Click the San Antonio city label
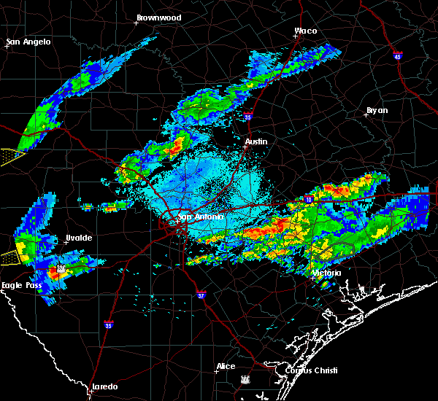coord(199,217)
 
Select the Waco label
coord(305,31)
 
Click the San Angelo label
coord(28,42)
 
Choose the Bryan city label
coord(377,110)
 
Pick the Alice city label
coord(226,366)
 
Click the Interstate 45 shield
coord(397,56)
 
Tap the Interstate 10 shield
coord(309,198)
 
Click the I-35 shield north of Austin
coord(248,115)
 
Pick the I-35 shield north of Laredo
coord(108,324)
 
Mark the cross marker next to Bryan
coord(366,115)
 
